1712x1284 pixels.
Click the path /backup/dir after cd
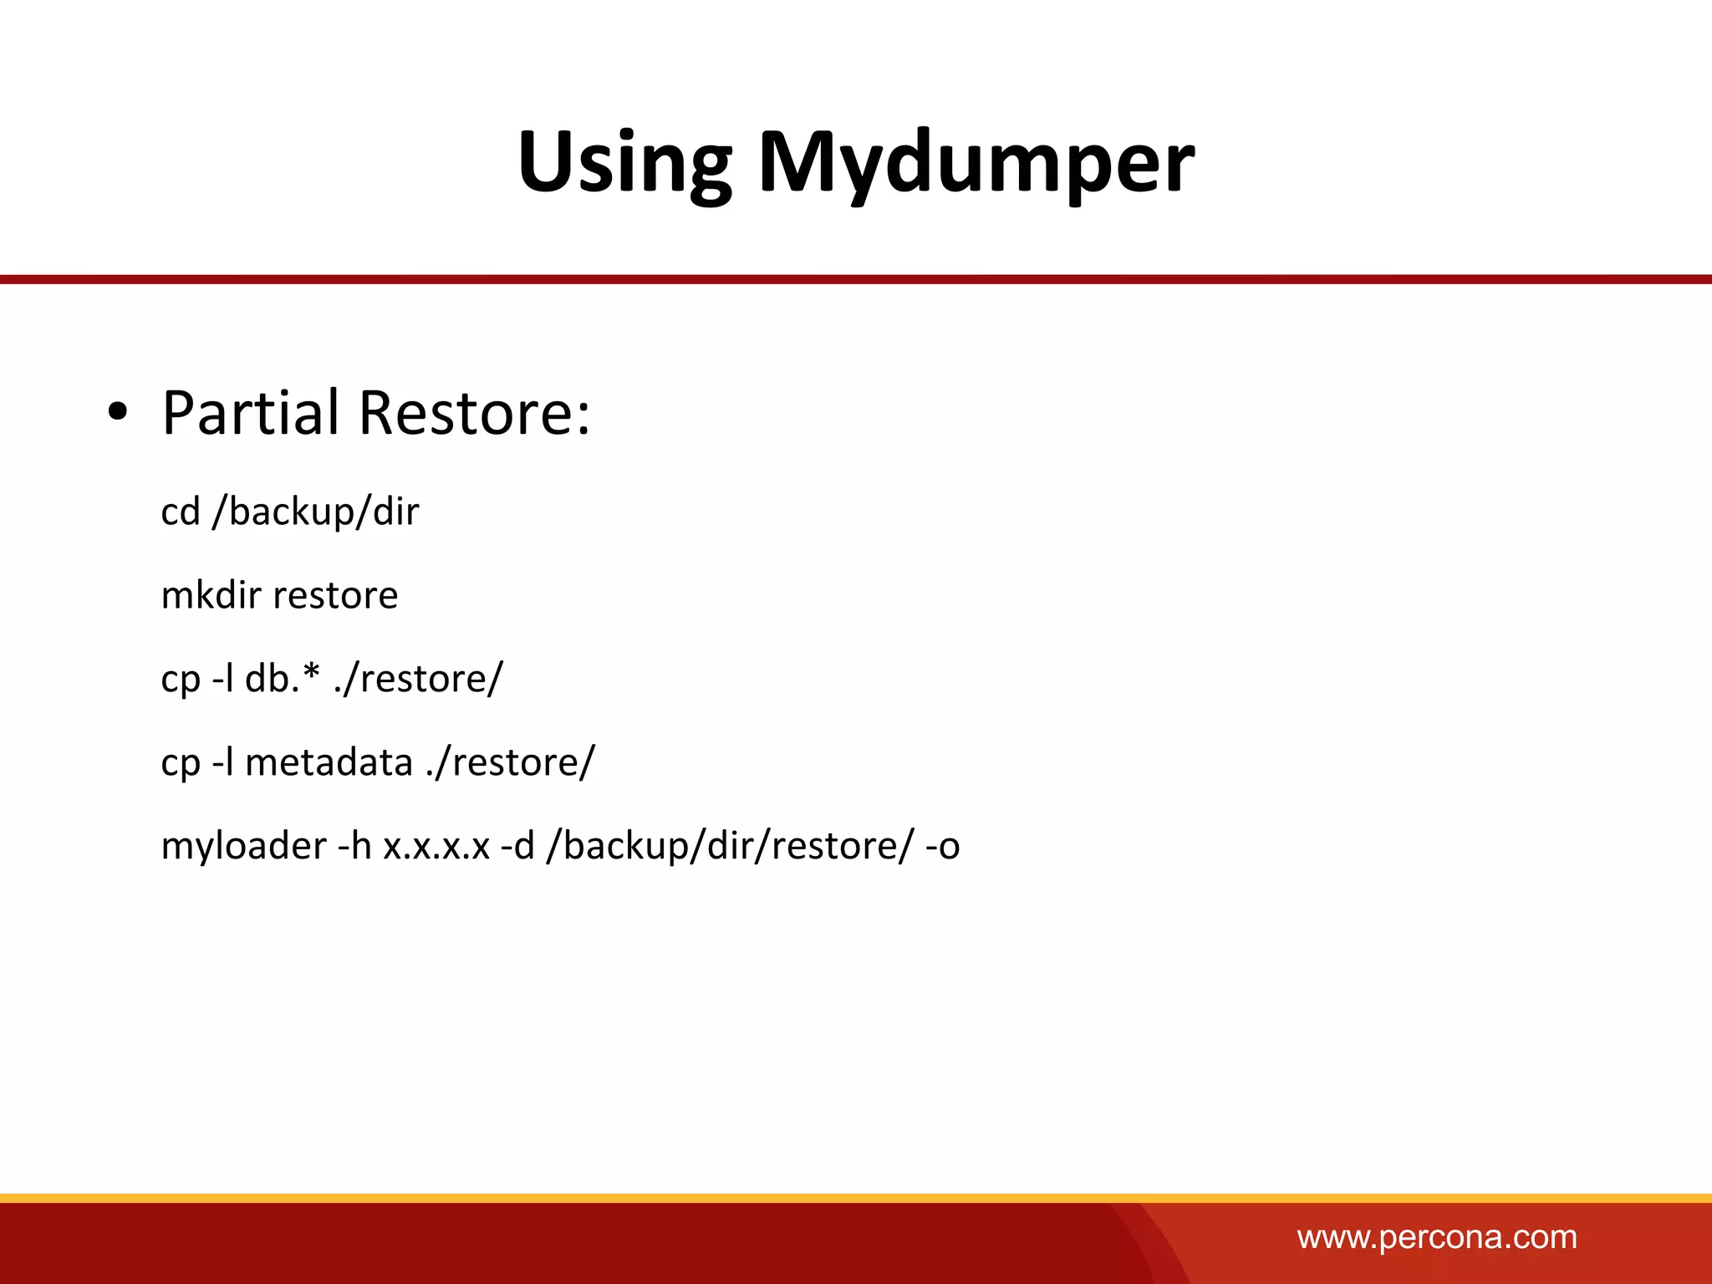[x=315, y=512]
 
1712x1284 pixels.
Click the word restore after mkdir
[x=335, y=595]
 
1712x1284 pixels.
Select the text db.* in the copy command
[x=283, y=678]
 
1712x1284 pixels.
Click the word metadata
[x=329, y=762]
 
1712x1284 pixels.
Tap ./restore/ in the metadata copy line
[x=510, y=762]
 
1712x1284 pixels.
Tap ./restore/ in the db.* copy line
[x=418, y=678]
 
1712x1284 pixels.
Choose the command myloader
[x=243, y=846]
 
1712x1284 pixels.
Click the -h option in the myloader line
[x=354, y=846]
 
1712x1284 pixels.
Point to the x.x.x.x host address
[x=436, y=846]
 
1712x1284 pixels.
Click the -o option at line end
[x=942, y=846]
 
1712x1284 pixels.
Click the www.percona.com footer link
[x=1436, y=1237]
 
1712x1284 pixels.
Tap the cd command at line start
[x=181, y=512]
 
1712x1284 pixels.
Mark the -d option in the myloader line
[x=517, y=846]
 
